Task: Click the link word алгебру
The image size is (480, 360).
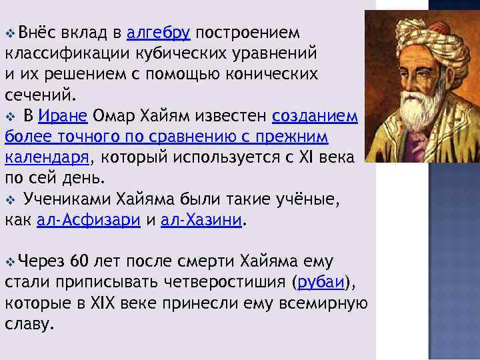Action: coord(159,33)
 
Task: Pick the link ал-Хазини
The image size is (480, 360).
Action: coord(209,221)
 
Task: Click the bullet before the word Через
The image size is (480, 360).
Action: coord(9,261)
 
